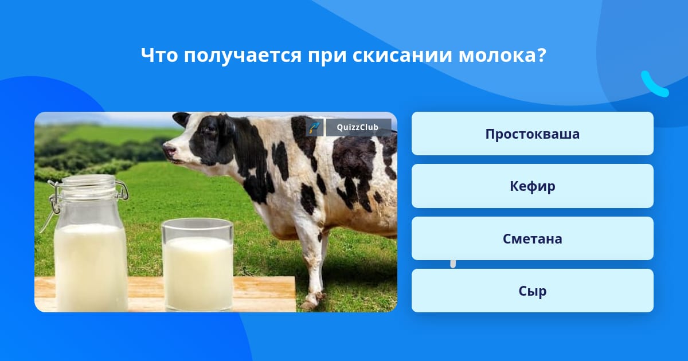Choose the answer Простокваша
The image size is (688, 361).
point(532,134)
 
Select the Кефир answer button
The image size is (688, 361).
point(532,186)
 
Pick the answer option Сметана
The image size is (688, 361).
point(532,238)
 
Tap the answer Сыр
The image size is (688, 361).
point(532,291)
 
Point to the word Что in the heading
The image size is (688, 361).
point(159,55)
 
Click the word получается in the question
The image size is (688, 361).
point(243,57)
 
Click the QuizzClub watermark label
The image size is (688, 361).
point(358,127)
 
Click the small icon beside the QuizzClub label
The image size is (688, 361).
point(315,127)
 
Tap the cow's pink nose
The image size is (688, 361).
point(169,150)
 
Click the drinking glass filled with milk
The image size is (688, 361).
point(197,265)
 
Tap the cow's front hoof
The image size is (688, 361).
point(310,304)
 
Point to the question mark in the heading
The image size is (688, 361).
point(541,56)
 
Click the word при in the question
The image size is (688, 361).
point(327,57)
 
